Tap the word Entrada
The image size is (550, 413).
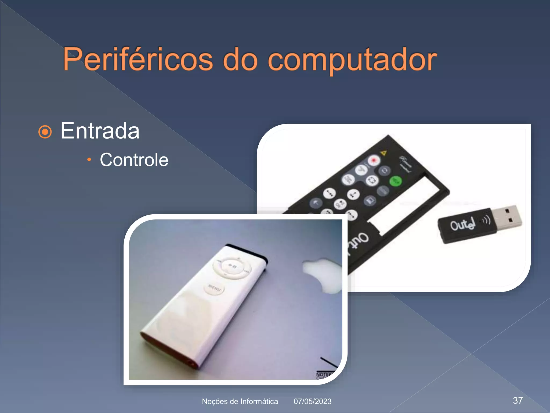coord(100,131)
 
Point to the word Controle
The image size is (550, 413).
coord(134,160)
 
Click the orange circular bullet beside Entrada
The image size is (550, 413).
coord(45,132)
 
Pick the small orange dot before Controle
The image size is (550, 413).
coord(89,160)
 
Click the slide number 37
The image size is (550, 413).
coord(518,400)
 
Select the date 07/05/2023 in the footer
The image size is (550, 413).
coord(312,401)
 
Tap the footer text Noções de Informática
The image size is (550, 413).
coord(240,401)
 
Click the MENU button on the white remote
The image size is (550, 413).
coord(214,289)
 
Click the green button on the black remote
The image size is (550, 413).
coord(396,181)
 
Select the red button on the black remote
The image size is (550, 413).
coord(374,161)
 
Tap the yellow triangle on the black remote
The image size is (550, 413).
coord(384,153)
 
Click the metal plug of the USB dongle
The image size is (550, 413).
coord(509,216)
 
